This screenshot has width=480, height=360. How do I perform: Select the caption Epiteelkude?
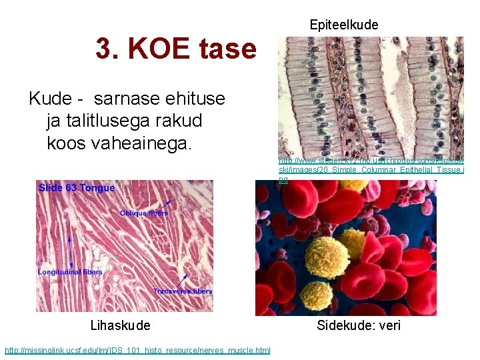click(343, 25)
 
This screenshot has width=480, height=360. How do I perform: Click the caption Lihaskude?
click(120, 325)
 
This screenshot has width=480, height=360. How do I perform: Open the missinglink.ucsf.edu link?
click(137, 350)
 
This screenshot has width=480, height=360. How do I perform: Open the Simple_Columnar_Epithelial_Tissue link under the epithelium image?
click(371, 170)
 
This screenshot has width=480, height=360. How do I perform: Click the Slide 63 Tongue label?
click(77, 188)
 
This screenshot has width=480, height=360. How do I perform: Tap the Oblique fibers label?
click(144, 213)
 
